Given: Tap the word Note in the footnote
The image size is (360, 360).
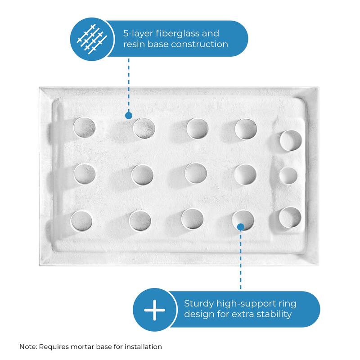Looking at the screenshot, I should pos(28,347).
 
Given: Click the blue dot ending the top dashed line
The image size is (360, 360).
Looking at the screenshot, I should pos(128,116).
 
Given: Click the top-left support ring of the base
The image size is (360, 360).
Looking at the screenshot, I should pos(85,128).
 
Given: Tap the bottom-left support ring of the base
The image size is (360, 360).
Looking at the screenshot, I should pos(81,220).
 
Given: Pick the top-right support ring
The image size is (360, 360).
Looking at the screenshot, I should pos(291,139).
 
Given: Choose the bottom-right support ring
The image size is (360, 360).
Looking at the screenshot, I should pos(290,217).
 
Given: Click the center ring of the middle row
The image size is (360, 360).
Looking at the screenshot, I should pos(196,173).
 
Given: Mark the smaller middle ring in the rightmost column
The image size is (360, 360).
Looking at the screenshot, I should pos(288,176).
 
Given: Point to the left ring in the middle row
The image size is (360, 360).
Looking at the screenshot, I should pos(85,174).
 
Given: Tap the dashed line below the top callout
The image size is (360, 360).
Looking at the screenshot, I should pos(128,85).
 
